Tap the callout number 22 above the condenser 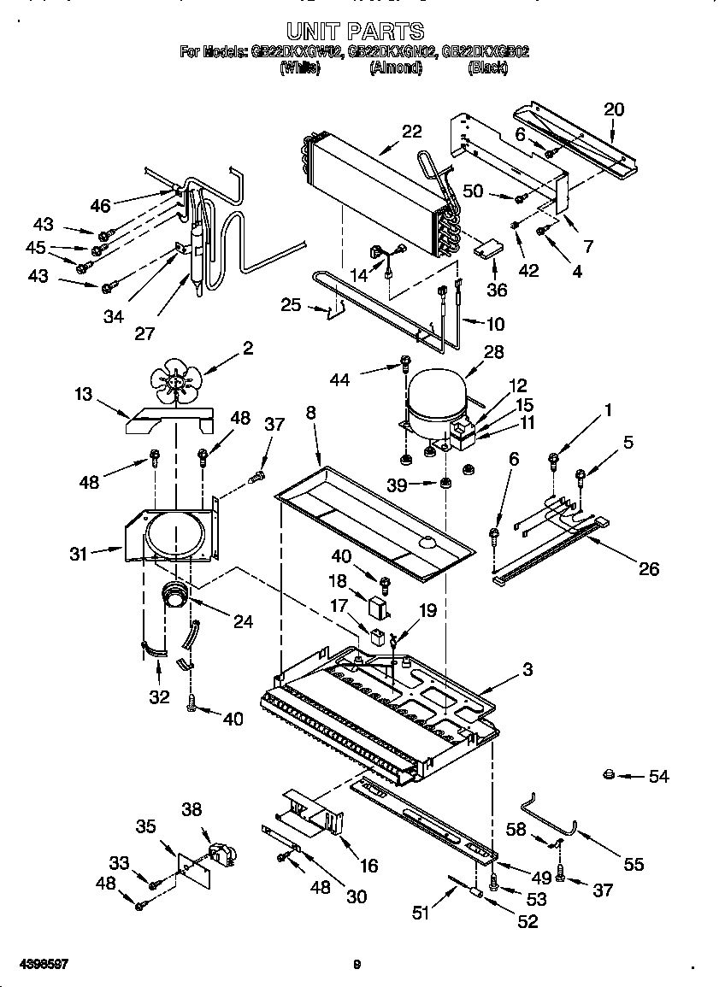pos(412,132)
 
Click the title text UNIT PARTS pos(355,32)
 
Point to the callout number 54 pos(658,776)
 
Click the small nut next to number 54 pos(608,775)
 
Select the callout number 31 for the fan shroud pos(80,553)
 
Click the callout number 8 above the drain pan pos(310,413)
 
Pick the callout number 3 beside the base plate pos(528,670)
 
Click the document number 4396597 pos(35,964)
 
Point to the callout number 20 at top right pos(614,109)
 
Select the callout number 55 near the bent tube pos(633,865)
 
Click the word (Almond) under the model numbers pos(395,68)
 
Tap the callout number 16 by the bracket pos(368,866)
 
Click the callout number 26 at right pos(649,569)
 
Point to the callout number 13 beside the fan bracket pos(83,393)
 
